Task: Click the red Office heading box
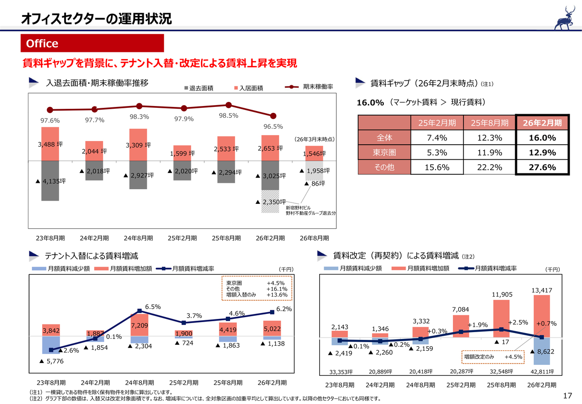(92, 43)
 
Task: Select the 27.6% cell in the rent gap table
(542, 167)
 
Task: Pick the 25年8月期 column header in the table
(489, 122)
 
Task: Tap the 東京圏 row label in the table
(384, 152)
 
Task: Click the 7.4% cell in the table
(436, 137)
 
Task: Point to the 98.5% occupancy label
(228, 116)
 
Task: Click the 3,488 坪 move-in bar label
(50, 144)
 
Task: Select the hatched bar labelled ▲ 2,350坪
(270, 202)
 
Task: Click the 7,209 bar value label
(139, 326)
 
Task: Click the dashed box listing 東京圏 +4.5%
(257, 288)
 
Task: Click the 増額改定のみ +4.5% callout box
(493, 357)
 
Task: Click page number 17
(567, 395)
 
